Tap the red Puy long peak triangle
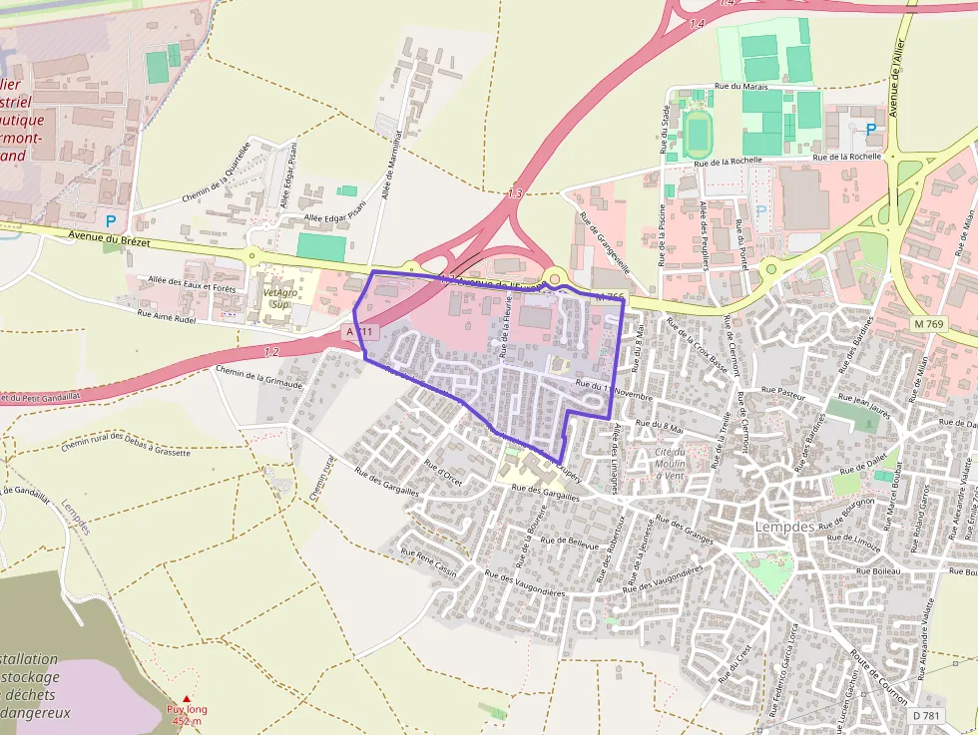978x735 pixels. (185, 699)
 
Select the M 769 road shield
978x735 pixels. (928, 323)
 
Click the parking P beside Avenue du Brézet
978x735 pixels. (111, 221)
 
